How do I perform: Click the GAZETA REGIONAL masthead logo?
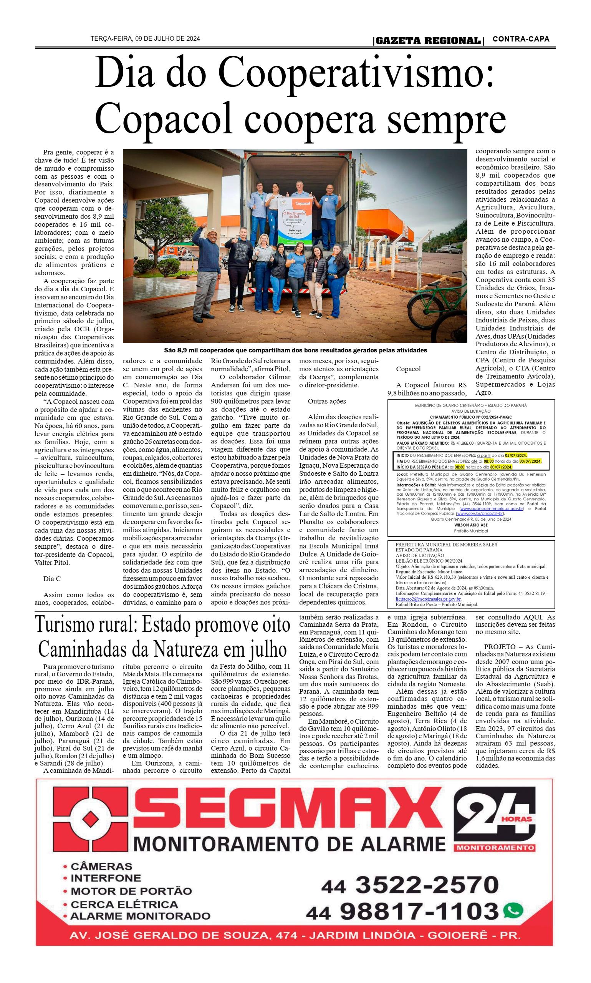[x=428, y=41]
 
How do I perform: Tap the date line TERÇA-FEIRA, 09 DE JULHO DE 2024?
[x=146, y=39]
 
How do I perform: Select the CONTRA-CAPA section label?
[x=521, y=39]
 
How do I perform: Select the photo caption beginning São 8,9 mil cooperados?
[x=295, y=350]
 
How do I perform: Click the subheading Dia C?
[x=52, y=579]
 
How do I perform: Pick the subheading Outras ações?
[x=326, y=401]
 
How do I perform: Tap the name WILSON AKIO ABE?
[x=470, y=525]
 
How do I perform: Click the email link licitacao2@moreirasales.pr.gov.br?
[x=428, y=599]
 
